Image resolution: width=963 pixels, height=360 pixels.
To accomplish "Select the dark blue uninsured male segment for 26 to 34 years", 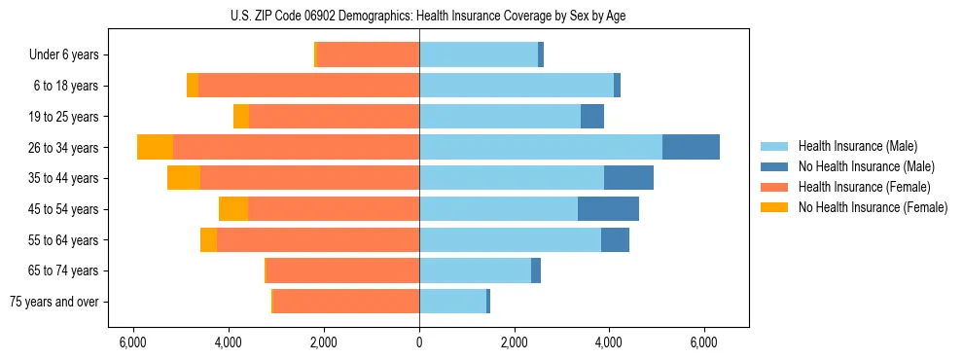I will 691,147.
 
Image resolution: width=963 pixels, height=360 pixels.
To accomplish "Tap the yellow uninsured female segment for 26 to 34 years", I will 155,147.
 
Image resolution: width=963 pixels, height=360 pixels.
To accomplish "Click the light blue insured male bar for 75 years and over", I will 452,302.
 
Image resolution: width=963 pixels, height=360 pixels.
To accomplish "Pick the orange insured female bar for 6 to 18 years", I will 308,86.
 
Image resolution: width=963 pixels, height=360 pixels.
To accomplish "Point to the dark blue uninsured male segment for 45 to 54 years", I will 608,209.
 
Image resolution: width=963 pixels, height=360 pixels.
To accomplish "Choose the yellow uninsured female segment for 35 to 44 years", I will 184,178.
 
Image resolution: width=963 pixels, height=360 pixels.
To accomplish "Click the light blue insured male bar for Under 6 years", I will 479,55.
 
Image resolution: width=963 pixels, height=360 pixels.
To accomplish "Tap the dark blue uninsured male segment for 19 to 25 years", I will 592,117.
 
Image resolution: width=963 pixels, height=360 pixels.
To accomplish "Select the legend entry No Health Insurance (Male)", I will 866,166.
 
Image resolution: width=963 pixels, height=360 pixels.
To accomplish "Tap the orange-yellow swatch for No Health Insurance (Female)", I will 775,207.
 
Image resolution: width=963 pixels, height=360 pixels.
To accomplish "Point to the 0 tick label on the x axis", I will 419,342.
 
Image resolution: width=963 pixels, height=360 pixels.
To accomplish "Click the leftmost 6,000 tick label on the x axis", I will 132,342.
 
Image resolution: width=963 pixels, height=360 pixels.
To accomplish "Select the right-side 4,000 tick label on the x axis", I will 610,342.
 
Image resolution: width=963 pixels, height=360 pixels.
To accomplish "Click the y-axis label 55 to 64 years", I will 66,240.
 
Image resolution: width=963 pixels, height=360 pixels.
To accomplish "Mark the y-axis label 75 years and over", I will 54,302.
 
